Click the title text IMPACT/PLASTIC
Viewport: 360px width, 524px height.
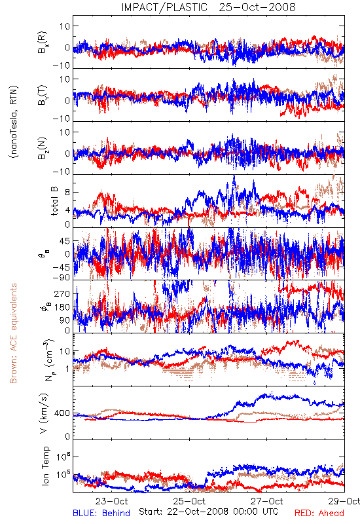[x=164, y=7]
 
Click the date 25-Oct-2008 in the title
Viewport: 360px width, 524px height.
[x=257, y=7]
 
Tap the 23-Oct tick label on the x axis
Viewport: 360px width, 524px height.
[x=111, y=501]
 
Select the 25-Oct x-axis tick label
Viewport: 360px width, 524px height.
[x=189, y=501]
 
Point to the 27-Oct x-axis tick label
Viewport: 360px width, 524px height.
[x=267, y=501]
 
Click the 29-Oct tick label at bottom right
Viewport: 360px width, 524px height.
[x=344, y=501]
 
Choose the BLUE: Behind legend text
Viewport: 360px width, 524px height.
[x=101, y=513]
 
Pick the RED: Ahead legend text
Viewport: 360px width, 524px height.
[x=319, y=513]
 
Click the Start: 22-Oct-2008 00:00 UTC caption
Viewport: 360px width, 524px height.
[x=208, y=512]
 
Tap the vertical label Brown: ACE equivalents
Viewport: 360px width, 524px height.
[x=13, y=333]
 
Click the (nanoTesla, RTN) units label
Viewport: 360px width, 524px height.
[x=14, y=121]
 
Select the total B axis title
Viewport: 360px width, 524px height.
[x=54, y=200]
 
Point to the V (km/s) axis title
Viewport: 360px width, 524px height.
[x=44, y=414]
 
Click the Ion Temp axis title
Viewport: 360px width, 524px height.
[x=45, y=466]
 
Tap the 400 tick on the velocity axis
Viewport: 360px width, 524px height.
[x=62, y=413]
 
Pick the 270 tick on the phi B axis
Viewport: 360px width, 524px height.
[x=62, y=293]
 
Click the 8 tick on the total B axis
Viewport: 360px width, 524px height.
[x=67, y=192]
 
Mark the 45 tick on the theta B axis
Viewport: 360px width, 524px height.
[x=65, y=241]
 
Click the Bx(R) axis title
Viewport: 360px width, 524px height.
[x=43, y=42]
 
